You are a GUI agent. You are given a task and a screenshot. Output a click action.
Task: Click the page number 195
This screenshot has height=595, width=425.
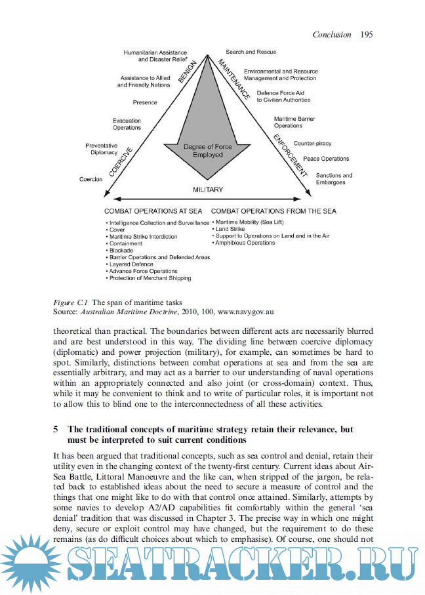pos(366,34)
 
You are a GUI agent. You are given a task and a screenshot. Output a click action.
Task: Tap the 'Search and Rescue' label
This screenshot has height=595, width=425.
pos(251,52)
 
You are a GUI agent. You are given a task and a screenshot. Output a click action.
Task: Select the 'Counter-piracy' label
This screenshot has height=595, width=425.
pos(312,143)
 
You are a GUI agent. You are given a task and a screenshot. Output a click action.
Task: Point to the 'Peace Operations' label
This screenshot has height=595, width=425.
pos(326,159)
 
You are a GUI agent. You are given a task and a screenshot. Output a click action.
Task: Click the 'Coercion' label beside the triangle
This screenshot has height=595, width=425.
pos(91,179)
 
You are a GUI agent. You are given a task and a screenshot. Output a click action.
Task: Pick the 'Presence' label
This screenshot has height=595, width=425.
pos(145,103)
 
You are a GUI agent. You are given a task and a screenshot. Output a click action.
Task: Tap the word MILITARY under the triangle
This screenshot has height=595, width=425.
pos(208,190)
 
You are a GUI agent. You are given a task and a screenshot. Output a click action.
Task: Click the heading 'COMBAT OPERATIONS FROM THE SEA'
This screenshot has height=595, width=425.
pos(273,211)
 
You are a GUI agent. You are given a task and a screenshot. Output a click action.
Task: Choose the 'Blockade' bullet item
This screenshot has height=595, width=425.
pos(121,251)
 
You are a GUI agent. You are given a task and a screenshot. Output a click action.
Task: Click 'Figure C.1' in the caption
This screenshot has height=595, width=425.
pos(70,302)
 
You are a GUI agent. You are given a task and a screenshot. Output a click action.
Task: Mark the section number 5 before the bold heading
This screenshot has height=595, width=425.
pos(55,429)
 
